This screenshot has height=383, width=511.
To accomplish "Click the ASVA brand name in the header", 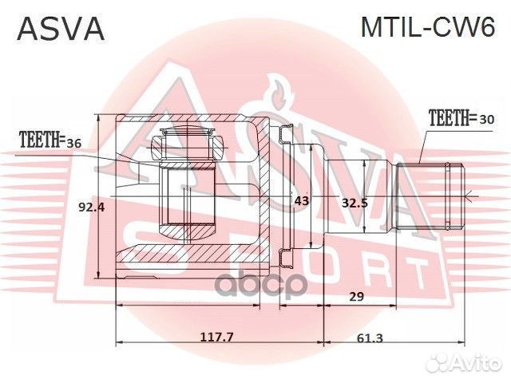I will [61, 29].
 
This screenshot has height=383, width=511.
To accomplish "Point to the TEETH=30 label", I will [461, 119].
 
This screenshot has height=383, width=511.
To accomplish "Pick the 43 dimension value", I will [301, 201].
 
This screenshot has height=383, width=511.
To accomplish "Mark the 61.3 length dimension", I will [371, 338].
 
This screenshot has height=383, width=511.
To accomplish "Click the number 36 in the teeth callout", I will [73, 142].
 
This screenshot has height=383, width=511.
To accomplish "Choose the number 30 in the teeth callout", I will [486, 120].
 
